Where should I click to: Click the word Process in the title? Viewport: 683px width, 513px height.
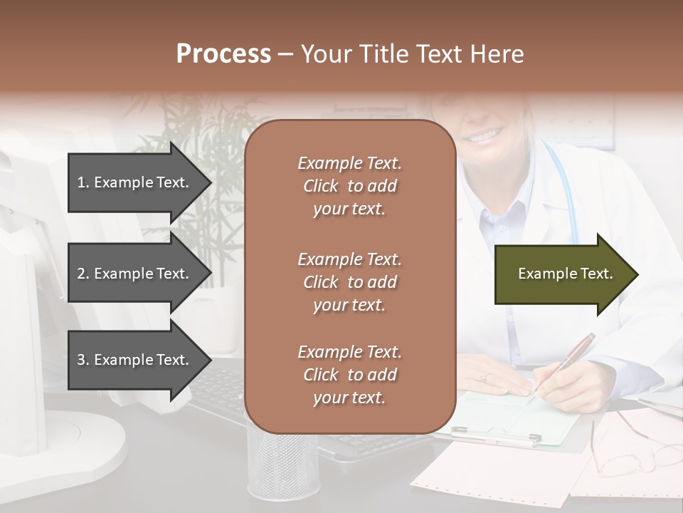[223, 54]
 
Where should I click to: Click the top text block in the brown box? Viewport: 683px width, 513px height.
[349, 186]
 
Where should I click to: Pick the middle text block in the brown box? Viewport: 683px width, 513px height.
[349, 282]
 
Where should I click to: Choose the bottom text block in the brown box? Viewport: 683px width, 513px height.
[349, 375]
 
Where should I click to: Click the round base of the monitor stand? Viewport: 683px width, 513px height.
[85, 442]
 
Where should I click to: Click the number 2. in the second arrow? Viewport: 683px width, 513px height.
[83, 274]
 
